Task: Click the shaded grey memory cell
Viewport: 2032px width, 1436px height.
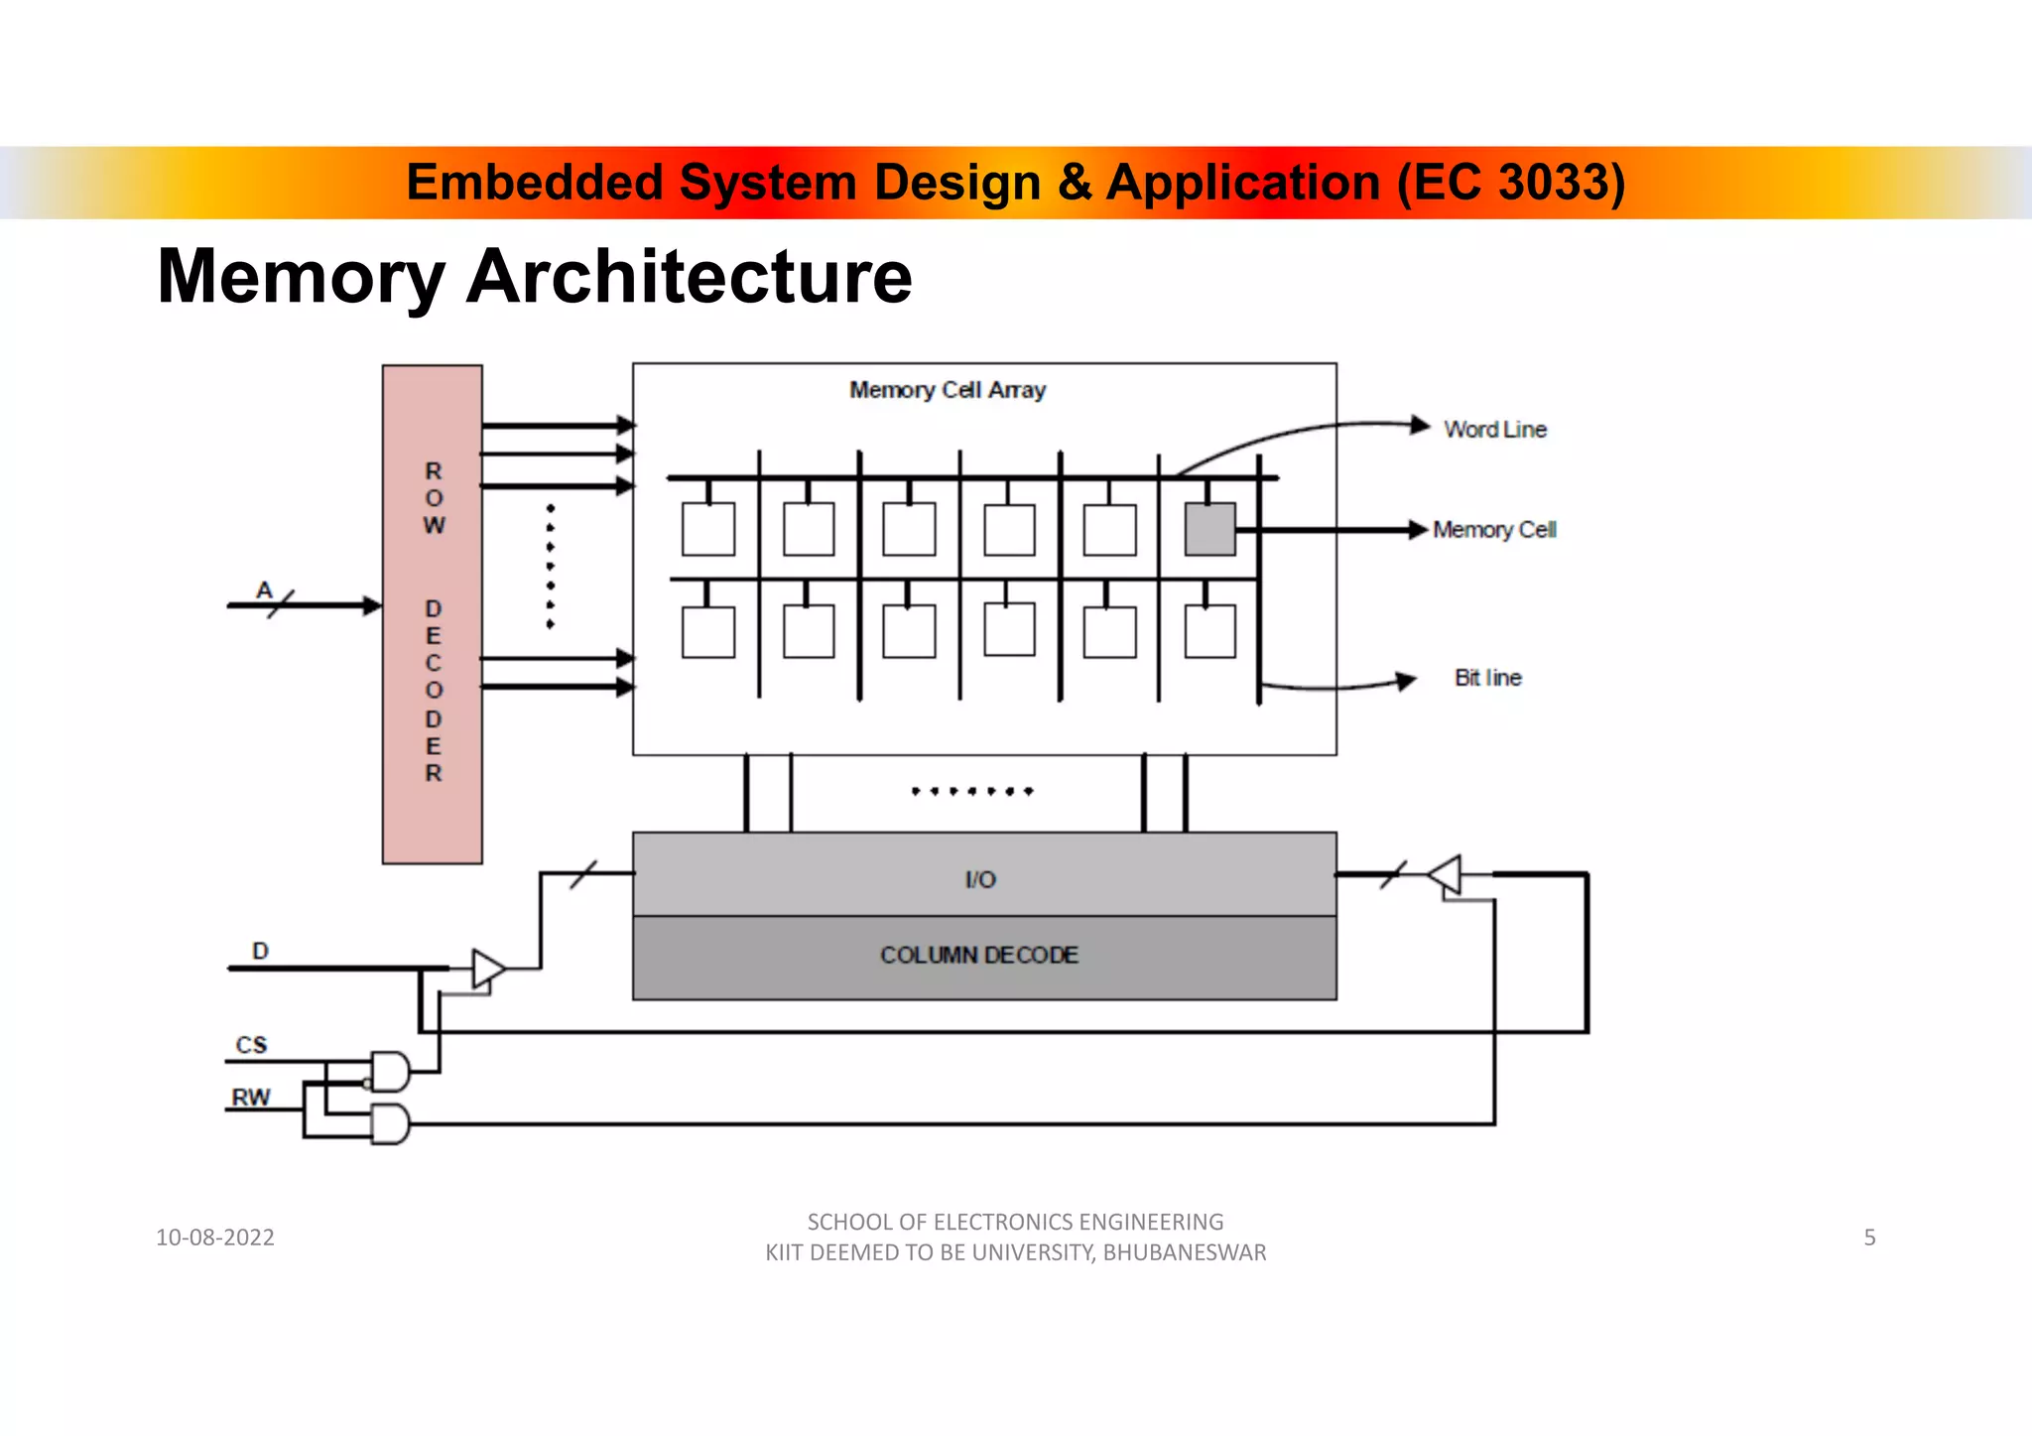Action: (x=1209, y=529)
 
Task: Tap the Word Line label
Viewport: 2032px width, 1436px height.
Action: (x=1494, y=430)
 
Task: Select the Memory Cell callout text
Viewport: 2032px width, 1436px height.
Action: (x=1494, y=530)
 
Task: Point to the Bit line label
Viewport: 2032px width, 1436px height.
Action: (x=1487, y=678)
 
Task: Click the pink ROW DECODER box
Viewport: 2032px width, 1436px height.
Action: (x=433, y=614)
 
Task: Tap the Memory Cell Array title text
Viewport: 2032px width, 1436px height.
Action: (x=948, y=390)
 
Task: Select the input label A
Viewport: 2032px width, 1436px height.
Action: (x=264, y=589)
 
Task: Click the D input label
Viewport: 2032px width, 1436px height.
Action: (x=260, y=951)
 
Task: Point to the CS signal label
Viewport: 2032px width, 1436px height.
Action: (x=251, y=1045)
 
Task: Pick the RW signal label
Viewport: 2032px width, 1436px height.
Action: (x=251, y=1098)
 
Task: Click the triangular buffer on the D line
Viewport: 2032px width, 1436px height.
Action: (x=487, y=969)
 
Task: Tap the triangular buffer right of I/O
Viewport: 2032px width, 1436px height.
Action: (x=1447, y=875)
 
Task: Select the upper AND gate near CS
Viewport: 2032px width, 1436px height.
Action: (x=390, y=1072)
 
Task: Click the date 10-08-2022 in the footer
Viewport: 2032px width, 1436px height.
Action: (x=215, y=1238)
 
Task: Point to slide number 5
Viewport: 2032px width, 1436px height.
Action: (x=1869, y=1238)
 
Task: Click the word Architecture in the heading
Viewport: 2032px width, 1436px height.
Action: (x=689, y=277)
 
